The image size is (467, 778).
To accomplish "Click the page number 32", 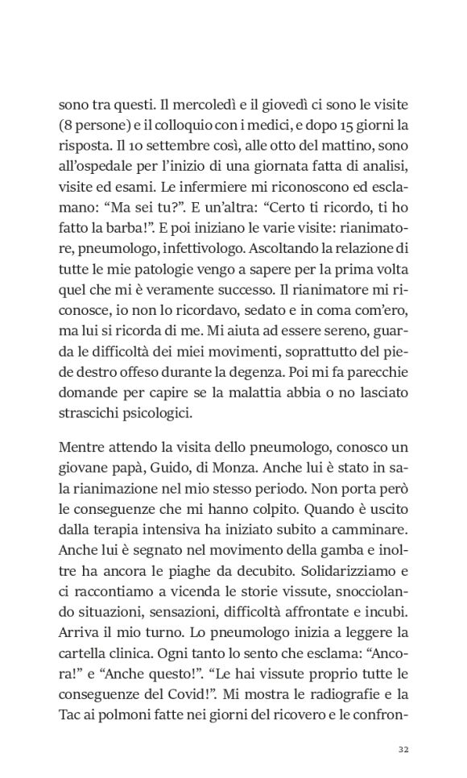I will [405, 749].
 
